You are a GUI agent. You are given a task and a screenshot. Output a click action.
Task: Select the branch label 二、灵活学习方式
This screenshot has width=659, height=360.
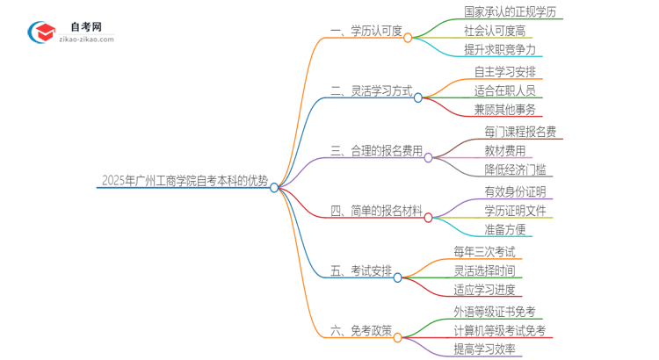371,90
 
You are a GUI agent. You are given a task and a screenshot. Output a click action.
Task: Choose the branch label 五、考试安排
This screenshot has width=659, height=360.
360,270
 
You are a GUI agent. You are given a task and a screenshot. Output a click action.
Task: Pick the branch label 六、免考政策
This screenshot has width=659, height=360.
360,331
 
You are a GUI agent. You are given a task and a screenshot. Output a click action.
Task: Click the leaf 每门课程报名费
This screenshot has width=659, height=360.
519,132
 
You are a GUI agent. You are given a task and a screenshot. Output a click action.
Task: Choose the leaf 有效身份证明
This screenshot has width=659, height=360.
514,191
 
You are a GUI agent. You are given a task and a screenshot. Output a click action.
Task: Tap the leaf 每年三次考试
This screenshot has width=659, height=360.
485,252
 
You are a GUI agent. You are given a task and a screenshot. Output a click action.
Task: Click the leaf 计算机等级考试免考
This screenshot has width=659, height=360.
499,330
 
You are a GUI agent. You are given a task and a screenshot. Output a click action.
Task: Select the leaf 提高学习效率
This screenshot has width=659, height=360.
484,349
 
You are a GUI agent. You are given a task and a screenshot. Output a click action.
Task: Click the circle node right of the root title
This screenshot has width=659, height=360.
274,187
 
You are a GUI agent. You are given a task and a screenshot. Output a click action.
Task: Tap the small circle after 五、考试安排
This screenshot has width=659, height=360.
397,277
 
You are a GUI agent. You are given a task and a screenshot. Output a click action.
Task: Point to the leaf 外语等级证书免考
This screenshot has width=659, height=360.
494,312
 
